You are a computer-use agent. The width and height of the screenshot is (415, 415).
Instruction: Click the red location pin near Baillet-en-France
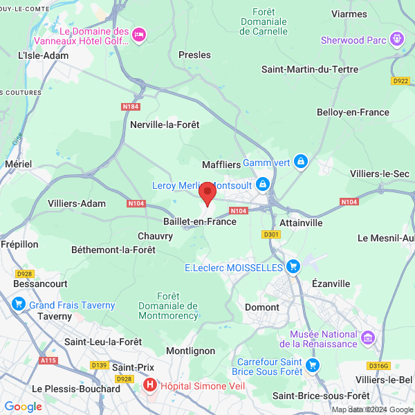[x=207, y=192]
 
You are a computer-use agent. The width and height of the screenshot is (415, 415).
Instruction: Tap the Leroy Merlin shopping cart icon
[x=263, y=185]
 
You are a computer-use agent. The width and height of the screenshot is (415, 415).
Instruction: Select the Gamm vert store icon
[x=300, y=162]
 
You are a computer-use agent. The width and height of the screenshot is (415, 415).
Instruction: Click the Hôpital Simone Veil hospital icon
[x=149, y=384]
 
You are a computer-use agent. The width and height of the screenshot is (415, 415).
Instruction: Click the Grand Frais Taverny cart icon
[x=19, y=304]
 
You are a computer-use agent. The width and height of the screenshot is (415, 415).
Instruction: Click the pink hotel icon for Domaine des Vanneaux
[x=139, y=35]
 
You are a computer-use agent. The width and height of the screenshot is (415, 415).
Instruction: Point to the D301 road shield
[x=271, y=234]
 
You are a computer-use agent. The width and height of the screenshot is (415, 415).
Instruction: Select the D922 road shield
[x=400, y=81]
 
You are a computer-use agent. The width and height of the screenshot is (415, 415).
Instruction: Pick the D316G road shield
[x=378, y=365]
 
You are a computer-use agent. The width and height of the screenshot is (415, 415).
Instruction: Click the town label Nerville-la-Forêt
[x=165, y=124]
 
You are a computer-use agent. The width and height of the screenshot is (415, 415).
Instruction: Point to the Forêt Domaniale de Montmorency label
[x=168, y=306]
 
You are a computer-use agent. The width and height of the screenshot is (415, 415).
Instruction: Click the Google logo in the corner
[x=23, y=406]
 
